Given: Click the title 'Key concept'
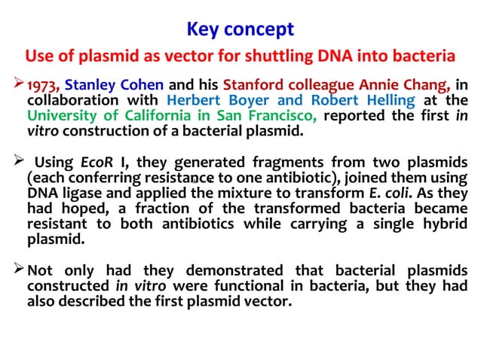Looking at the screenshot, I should pyautogui.click(x=240, y=30).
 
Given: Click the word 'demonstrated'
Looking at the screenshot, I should pyautogui.click(x=240, y=271).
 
